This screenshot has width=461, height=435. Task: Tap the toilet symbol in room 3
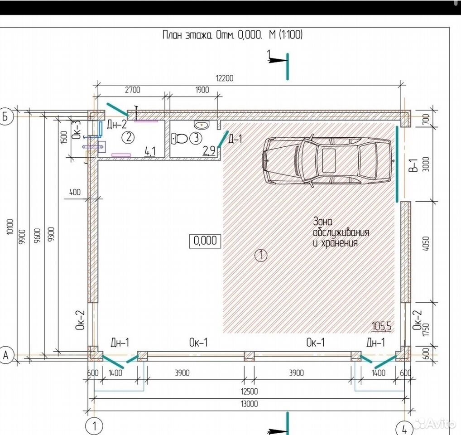(x=180, y=139)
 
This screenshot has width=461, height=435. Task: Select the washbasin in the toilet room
(x=202, y=125)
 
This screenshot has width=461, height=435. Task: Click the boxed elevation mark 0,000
(x=205, y=241)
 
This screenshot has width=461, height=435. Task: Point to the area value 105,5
(x=382, y=326)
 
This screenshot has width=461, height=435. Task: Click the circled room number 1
(x=261, y=255)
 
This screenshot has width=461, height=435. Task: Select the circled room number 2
(x=129, y=137)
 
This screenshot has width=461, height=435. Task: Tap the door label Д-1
(x=235, y=139)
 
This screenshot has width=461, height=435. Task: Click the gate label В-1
(x=413, y=164)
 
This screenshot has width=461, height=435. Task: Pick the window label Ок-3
(x=77, y=129)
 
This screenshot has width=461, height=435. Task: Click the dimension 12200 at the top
(x=225, y=78)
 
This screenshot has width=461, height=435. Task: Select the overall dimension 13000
(x=250, y=404)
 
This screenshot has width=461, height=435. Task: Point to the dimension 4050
(x=426, y=243)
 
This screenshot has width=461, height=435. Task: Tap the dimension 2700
(x=133, y=90)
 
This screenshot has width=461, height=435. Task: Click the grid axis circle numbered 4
(x=404, y=429)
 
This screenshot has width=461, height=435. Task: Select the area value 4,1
(x=150, y=151)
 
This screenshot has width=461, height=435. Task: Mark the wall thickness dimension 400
(x=75, y=193)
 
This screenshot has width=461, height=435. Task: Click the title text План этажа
(x=187, y=35)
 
